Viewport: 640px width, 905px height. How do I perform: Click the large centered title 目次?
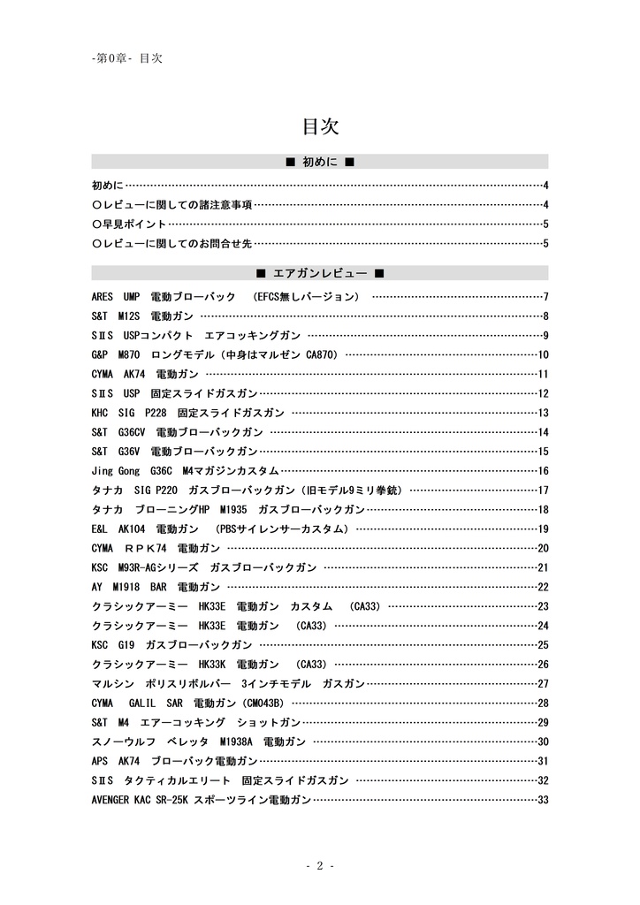point(320,126)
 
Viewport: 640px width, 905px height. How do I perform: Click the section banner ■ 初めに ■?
point(320,162)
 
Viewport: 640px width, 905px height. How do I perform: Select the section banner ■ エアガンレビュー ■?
point(320,273)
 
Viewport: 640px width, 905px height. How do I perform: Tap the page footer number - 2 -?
point(320,866)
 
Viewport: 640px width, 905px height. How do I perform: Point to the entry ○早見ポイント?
point(129,224)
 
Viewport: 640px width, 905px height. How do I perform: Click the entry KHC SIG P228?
point(187,413)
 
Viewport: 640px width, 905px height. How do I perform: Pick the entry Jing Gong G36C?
point(185,471)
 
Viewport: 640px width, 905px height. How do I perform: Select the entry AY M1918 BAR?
point(156,587)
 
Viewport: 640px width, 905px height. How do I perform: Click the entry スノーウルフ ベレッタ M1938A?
point(198,742)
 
